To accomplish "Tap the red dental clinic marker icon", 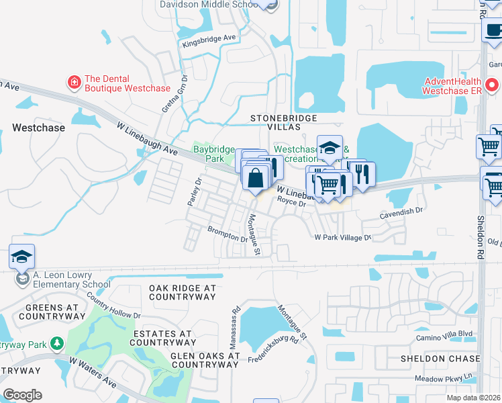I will coord(74,83).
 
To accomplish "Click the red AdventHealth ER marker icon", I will coord(492,86).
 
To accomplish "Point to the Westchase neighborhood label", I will coord(39,128).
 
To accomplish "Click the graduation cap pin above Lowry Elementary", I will coord(21,257).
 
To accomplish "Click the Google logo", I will coord(22,394).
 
